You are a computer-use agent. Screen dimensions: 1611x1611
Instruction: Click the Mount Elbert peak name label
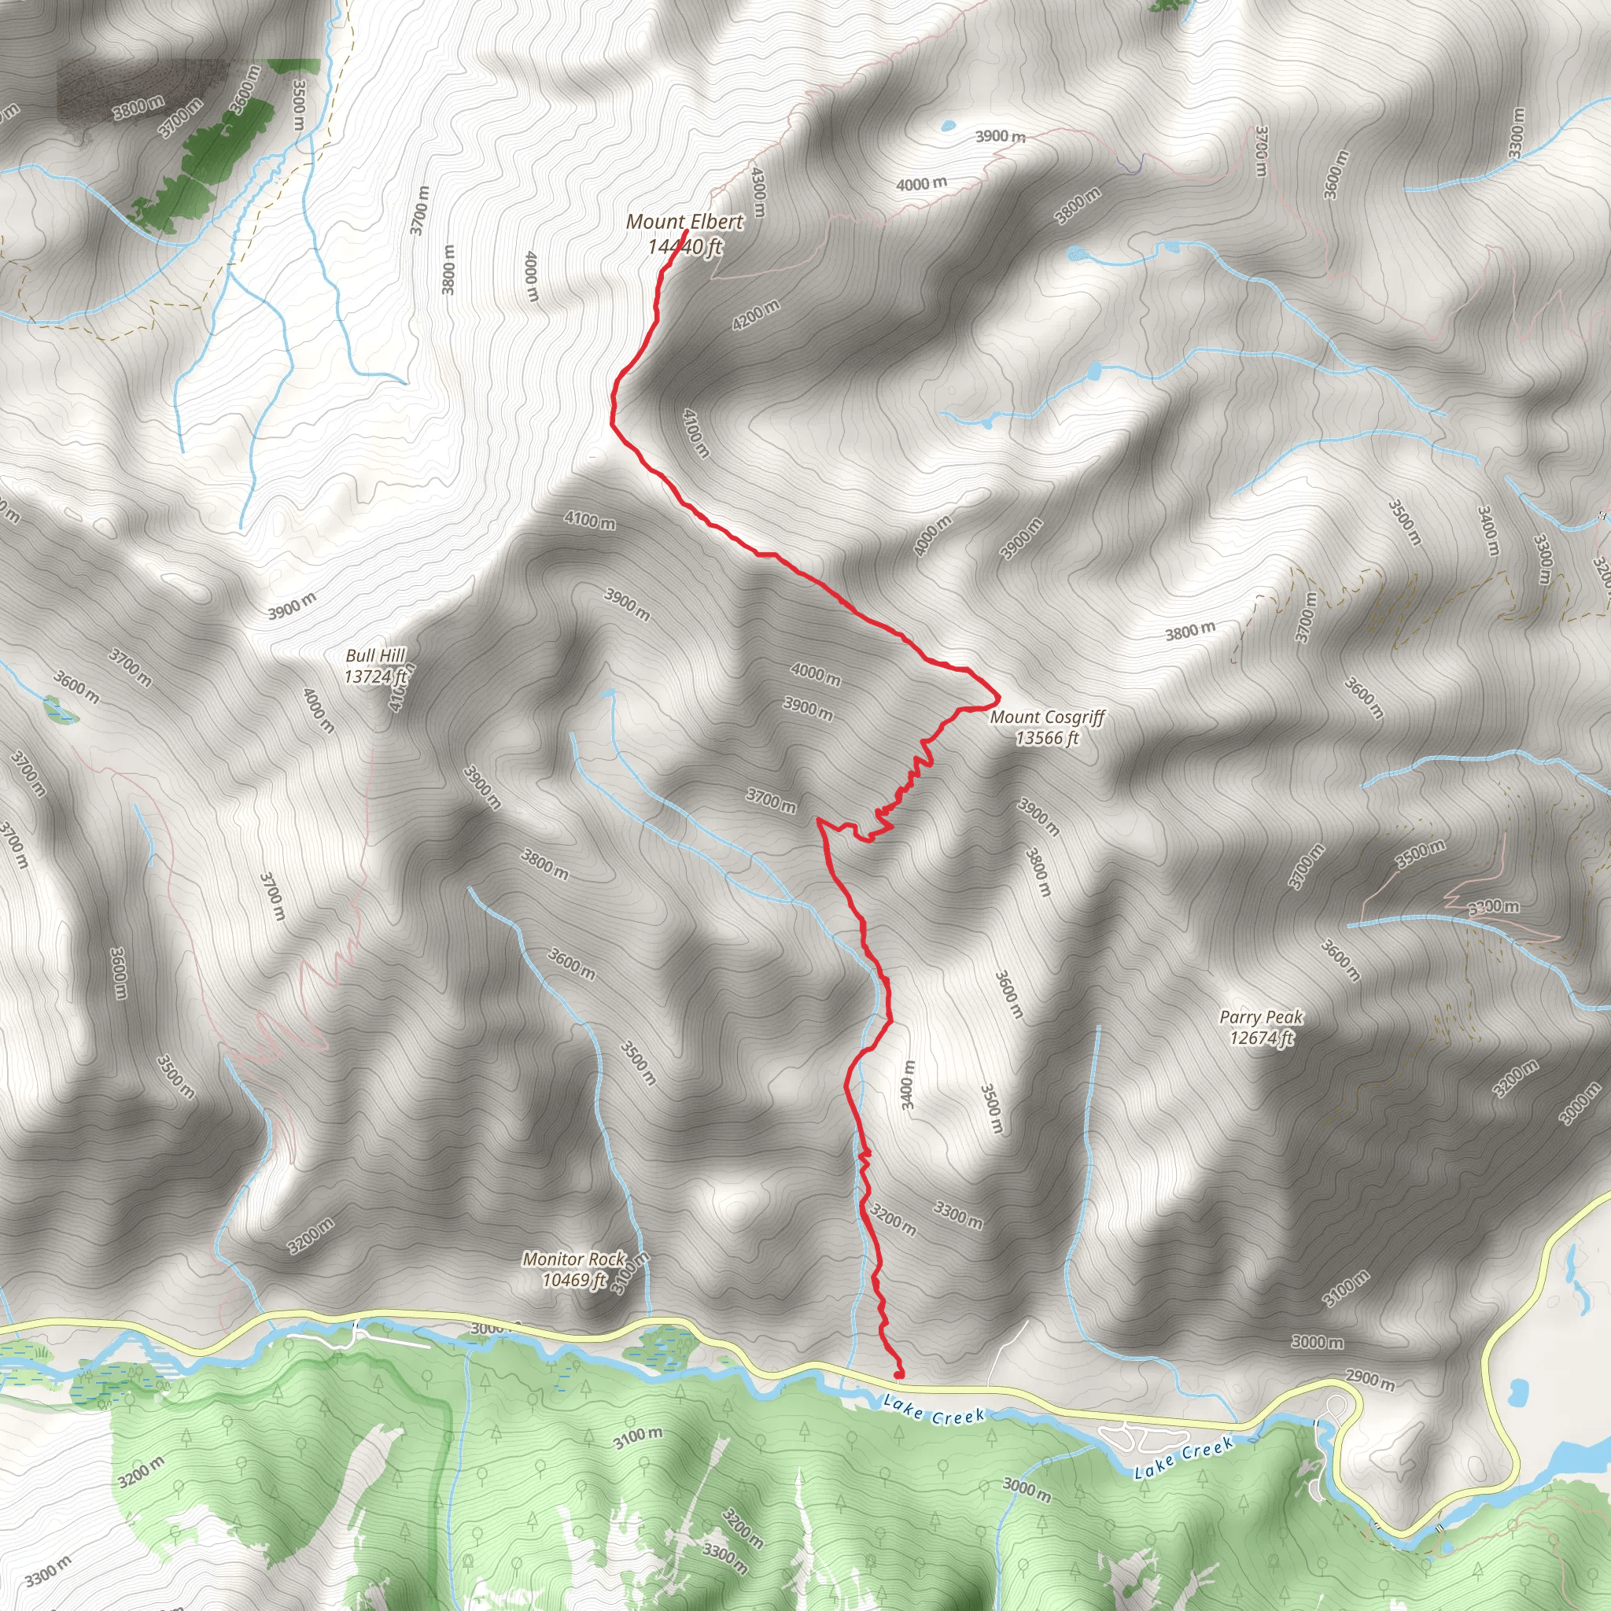click(x=684, y=222)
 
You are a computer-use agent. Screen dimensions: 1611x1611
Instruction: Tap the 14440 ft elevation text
click(x=684, y=247)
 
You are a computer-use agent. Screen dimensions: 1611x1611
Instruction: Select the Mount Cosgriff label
click(x=1047, y=717)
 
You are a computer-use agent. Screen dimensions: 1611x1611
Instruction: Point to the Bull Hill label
click(x=375, y=656)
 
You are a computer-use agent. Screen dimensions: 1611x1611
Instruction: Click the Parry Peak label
click(x=1261, y=1017)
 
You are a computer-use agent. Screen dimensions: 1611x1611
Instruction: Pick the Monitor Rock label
click(x=573, y=1259)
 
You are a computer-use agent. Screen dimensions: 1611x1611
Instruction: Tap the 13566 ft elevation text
click(x=1047, y=738)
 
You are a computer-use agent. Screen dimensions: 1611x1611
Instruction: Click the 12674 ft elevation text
click(x=1261, y=1038)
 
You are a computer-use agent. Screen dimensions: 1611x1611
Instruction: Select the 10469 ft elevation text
click(x=573, y=1279)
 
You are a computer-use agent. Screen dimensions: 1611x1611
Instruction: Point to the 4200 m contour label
click(x=755, y=315)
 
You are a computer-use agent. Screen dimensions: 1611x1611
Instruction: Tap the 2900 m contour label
click(x=1370, y=1379)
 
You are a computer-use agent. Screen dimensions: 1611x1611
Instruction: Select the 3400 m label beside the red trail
click(x=908, y=1084)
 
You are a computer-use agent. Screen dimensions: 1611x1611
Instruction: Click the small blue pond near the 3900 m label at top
click(x=947, y=127)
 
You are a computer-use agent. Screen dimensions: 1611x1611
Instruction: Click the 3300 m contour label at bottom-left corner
click(x=47, y=1572)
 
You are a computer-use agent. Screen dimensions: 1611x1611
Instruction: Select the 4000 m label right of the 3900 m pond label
click(x=921, y=183)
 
